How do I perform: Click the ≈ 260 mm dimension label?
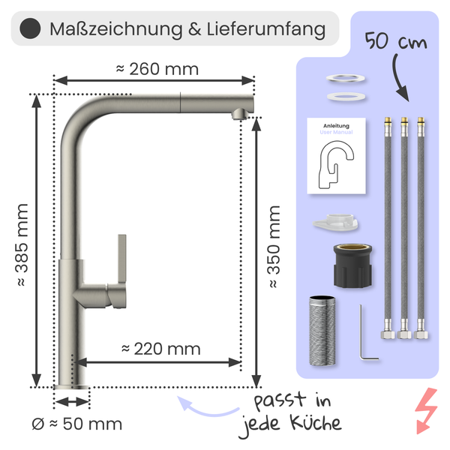157,69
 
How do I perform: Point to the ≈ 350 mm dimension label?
274,247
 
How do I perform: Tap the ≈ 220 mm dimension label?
160,348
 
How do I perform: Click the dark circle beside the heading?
29,29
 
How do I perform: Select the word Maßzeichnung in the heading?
106,30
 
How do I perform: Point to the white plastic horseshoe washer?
335,222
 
